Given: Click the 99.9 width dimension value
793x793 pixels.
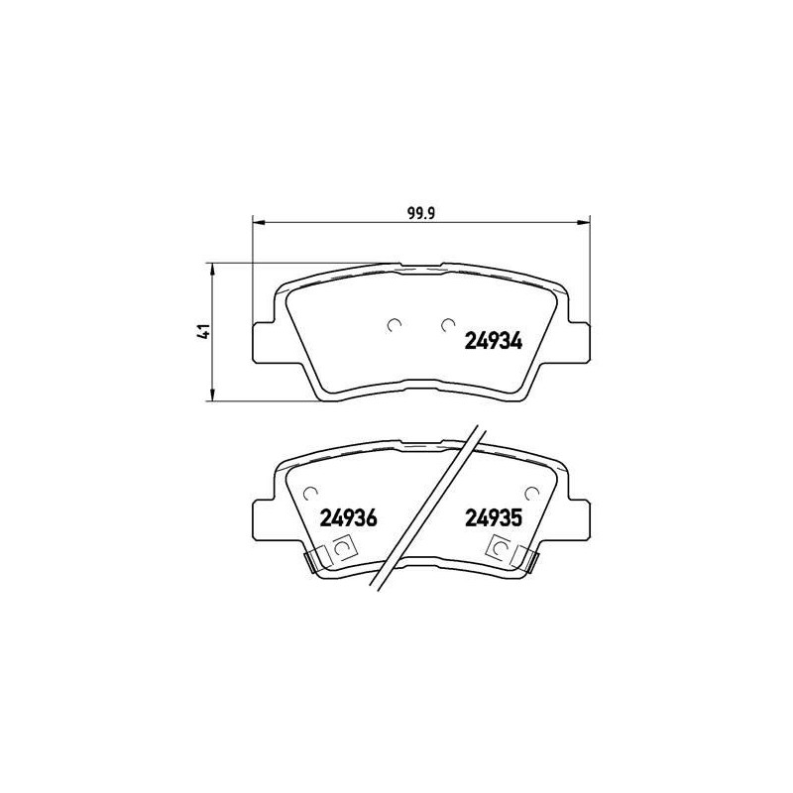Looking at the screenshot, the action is point(421,213).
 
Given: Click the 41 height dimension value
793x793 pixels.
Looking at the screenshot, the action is point(204,331).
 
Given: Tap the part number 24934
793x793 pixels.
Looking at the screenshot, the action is point(493,341).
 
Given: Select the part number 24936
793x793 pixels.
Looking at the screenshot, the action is point(349,517).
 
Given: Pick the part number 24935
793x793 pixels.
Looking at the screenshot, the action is point(493,517).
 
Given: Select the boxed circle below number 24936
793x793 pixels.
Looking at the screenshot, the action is point(345,547).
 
